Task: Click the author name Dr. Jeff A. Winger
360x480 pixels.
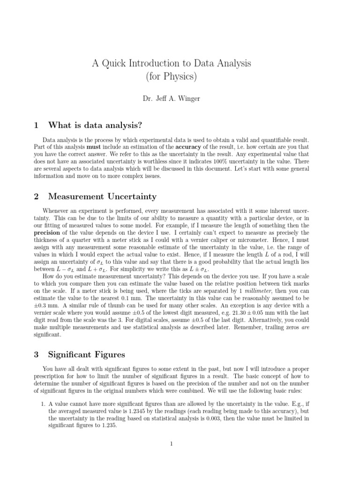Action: (x=172, y=99)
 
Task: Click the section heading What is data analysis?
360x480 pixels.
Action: (x=95, y=125)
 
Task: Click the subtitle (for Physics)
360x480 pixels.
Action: (x=172, y=76)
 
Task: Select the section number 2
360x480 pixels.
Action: (x=36, y=196)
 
